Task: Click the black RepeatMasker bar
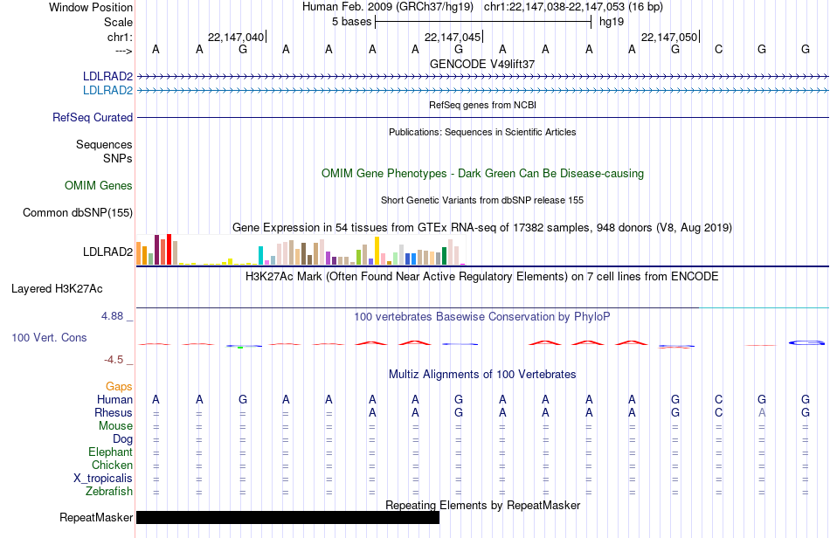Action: click(287, 517)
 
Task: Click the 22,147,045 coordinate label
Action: click(453, 37)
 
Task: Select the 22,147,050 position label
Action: click(669, 37)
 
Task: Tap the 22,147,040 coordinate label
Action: click(236, 37)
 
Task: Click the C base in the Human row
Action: click(718, 399)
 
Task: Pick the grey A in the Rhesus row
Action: click(762, 412)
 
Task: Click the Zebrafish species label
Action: click(109, 492)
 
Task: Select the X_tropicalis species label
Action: click(103, 479)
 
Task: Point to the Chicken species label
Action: click(112, 465)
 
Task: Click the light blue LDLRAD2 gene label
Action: click(108, 91)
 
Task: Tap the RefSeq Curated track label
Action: click(93, 117)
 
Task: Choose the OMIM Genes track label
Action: click(99, 186)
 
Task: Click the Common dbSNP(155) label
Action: click(78, 212)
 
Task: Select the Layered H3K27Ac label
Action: click(57, 289)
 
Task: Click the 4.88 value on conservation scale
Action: click(112, 316)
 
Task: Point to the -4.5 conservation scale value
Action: click(114, 360)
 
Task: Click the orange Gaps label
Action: click(119, 387)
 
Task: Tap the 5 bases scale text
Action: click(352, 22)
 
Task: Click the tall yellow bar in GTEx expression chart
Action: click(377, 251)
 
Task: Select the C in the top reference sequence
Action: click(718, 49)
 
